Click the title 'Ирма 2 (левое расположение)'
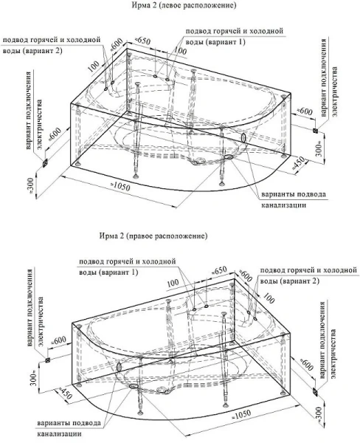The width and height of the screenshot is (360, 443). [180, 6]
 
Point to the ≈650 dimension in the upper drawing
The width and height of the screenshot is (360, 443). [144, 39]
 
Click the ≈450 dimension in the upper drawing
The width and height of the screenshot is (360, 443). [299, 162]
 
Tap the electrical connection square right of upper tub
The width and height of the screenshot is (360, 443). [316, 132]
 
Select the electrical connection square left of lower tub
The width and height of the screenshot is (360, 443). [46, 361]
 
